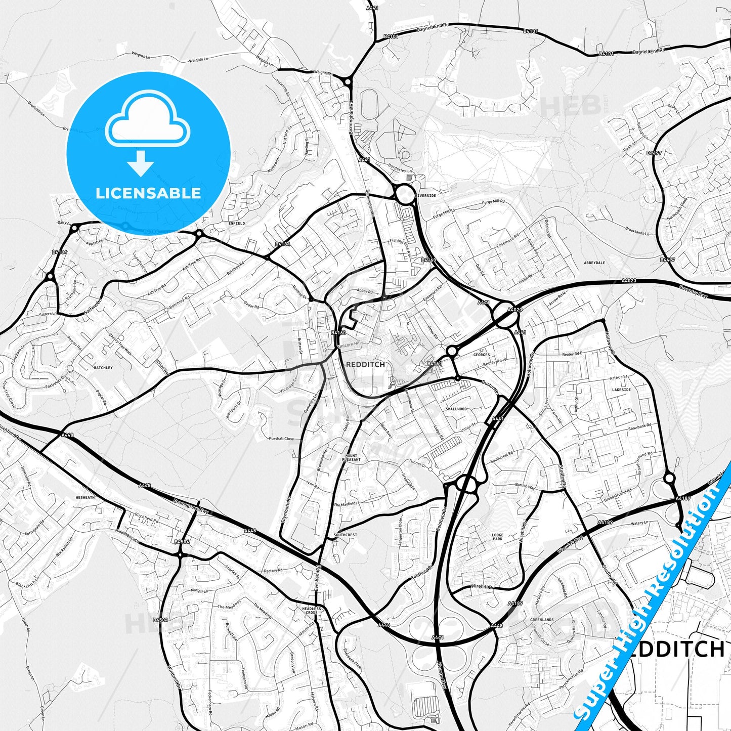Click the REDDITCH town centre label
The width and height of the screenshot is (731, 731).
coord(365,364)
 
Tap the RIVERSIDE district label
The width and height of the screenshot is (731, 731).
coord(425,195)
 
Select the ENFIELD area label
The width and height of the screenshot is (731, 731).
coord(237,223)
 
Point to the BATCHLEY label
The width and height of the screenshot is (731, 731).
coord(103,368)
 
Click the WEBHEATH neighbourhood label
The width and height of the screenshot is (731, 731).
coord(85,497)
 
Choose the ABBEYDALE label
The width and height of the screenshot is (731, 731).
coord(594,263)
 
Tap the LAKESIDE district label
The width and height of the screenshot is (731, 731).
coord(621,390)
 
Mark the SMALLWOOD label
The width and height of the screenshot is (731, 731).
coord(456,409)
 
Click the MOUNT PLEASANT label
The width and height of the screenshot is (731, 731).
coord(352,457)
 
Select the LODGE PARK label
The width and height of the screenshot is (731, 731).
coord(497,537)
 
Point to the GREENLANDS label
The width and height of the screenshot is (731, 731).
coord(542,620)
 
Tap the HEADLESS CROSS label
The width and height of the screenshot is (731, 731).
coord(312,611)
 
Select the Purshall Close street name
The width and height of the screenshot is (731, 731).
coord(281,439)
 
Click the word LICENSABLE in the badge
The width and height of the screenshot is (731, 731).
coord(148,193)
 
